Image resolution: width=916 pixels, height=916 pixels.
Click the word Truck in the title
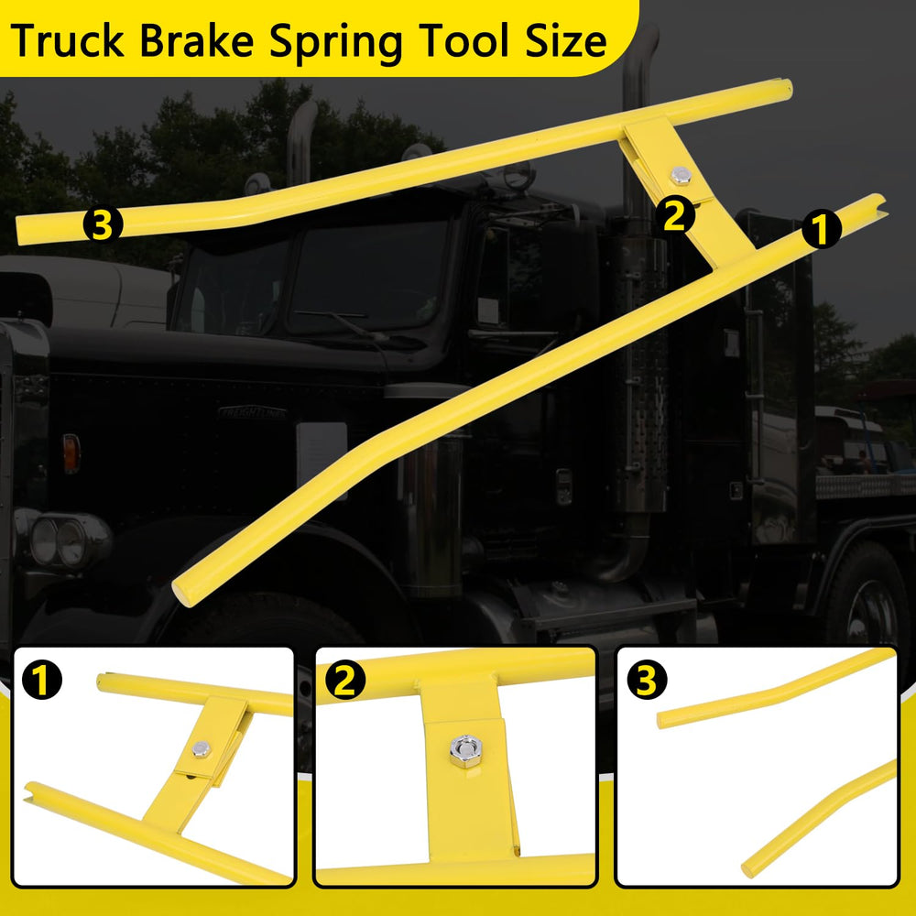[x=67, y=41]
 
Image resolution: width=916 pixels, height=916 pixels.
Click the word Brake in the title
[x=197, y=41]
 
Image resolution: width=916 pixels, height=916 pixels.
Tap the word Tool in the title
[x=463, y=41]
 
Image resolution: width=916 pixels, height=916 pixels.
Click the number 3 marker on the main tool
[x=103, y=224]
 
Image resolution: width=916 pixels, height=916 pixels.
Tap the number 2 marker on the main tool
[x=675, y=215]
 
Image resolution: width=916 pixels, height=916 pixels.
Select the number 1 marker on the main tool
[x=822, y=229]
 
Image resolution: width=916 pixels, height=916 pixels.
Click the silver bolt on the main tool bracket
[x=681, y=174]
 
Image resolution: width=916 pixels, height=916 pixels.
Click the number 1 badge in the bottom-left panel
[x=42, y=680]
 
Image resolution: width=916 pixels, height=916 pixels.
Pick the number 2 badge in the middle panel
[x=345, y=680]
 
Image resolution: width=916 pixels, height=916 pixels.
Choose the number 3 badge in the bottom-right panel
[x=647, y=680]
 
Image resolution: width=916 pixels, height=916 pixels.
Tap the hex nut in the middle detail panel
[x=465, y=751]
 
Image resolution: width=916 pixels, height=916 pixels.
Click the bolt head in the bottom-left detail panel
[x=201, y=749]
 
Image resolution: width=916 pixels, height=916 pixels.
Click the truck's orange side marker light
[x=71, y=453]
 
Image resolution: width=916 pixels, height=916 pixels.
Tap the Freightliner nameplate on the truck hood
[x=253, y=413]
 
